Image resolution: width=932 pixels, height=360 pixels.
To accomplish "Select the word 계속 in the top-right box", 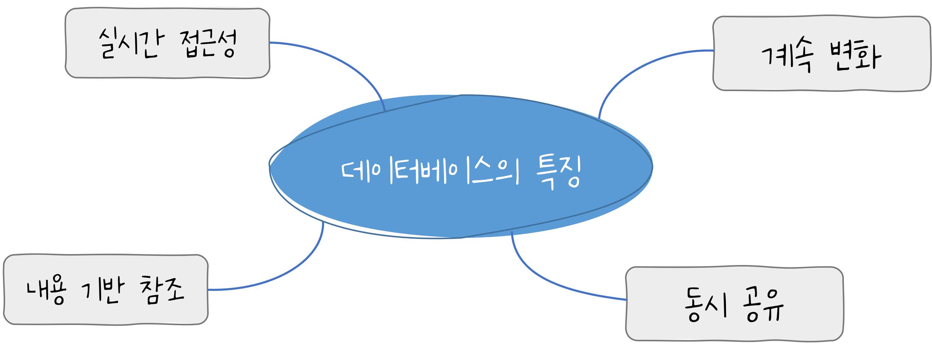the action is click(787, 58).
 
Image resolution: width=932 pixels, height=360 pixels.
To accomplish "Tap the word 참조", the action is click(162, 289).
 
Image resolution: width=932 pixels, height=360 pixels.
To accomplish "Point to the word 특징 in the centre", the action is click(559, 172).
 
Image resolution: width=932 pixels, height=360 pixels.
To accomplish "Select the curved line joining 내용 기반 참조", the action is click(289, 269).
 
